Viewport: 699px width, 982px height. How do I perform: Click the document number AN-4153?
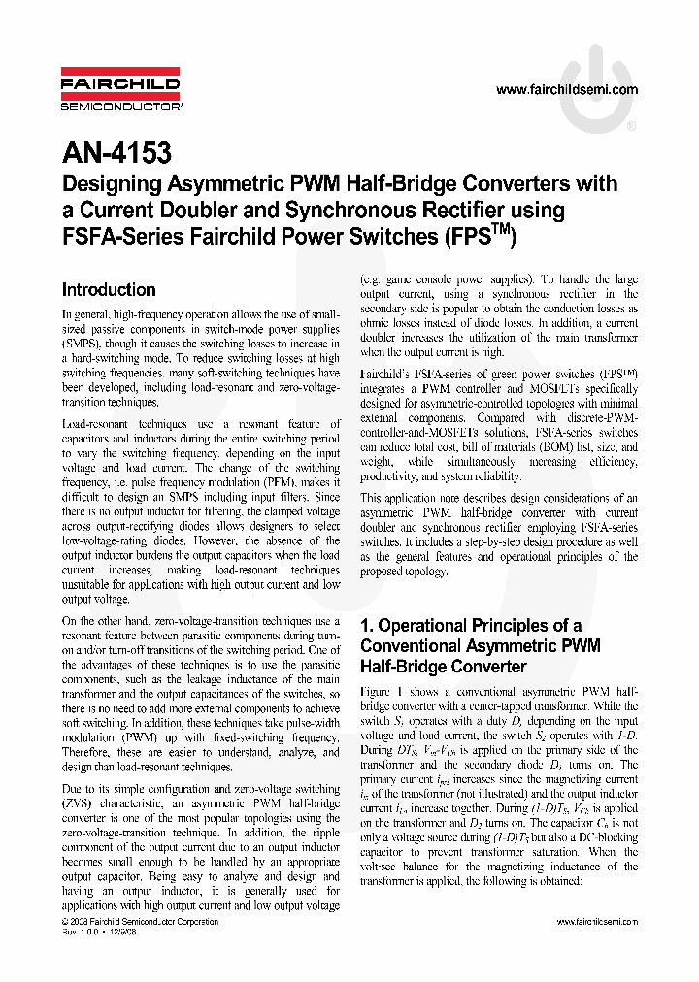point(116,152)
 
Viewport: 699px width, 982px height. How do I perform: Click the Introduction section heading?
point(109,290)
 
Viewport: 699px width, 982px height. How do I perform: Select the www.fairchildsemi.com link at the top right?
point(567,90)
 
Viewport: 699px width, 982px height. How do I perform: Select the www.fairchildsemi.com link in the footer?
point(597,922)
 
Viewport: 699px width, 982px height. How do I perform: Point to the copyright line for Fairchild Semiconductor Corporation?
point(140,922)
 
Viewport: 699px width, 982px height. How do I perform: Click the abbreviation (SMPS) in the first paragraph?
point(86,344)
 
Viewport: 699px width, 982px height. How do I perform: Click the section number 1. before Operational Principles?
point(367,626)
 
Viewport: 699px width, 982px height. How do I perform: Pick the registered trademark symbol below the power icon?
point(631,127)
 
